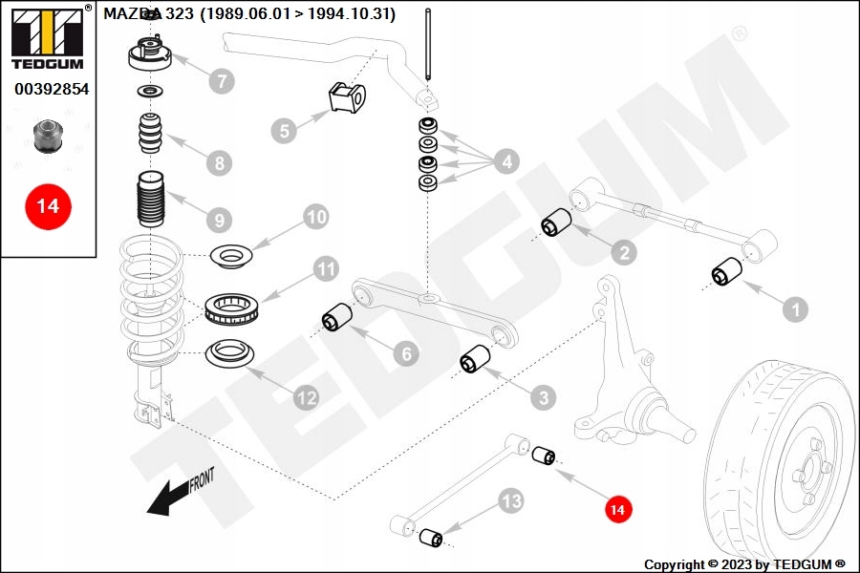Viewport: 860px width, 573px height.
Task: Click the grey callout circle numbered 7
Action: click(x=221, y=80)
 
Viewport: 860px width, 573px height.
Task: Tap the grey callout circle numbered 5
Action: click(x=284, y=129)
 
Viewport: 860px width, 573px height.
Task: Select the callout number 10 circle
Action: click(x=315, y=218)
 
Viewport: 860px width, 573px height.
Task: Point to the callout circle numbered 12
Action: click(x=306, y=397)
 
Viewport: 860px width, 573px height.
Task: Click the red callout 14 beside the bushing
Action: click(x=618, y=511)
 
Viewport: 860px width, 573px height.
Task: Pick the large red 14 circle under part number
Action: click(x=48, y=205)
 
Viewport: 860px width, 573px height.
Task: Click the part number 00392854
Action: click(x=51, y=89)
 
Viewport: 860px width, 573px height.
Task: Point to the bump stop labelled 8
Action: click(x=148, y=135)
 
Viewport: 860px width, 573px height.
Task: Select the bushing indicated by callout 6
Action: click(x=336, y=317)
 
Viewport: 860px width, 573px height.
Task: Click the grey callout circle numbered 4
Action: click(x=505, y=161)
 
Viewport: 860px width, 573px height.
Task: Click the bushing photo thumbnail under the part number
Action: click(x=47, y=136)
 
